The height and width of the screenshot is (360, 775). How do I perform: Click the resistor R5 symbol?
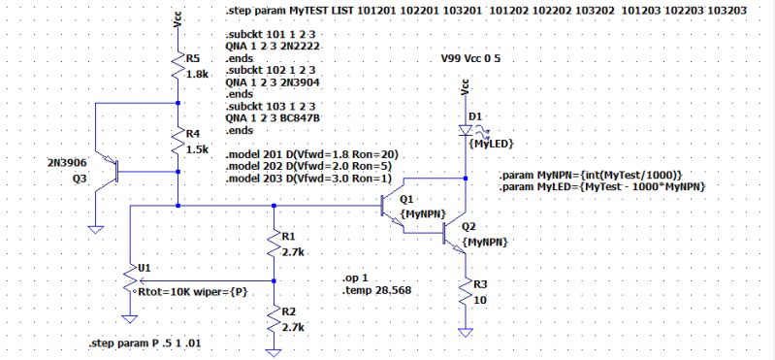(178, 67)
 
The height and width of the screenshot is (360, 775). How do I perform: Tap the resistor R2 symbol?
(274, 317)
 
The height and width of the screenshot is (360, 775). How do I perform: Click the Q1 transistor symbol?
(395, 205)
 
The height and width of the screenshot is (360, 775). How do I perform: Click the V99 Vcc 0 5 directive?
(480, 59)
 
